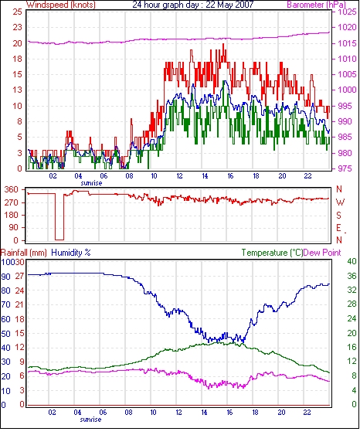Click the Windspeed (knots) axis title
(x=61, y=5)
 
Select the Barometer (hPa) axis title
(x=317, y=5)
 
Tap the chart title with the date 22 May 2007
(x=193, y=5)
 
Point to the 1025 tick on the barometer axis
(x=347, y=12)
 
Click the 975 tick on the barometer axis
(x=345, y=168)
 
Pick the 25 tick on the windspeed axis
(x=18, y=12)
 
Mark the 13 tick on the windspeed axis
(x=18, y=90)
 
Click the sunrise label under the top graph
(x=91, y=183)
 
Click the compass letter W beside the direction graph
(x=340, y=202)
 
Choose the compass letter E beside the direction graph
(x=339, y=228)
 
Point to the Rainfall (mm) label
(x=24, y=253)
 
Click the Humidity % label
(x=71, y=253)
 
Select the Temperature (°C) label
(x=272, y=253)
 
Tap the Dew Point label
(x=322, y=253)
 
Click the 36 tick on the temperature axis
(x=352, y=276)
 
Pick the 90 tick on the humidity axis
(x=5, y=277)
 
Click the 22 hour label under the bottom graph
(x=307, y=413)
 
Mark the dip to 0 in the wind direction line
(x=59, y=240)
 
